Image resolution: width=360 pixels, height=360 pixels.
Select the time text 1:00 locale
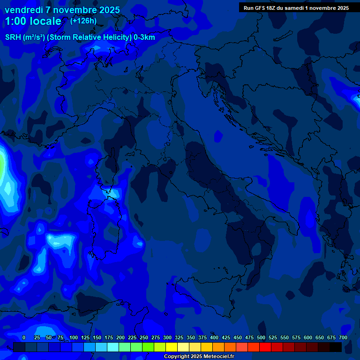[x=33, y=21]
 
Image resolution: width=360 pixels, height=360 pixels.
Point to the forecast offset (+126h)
[x=83, y=21]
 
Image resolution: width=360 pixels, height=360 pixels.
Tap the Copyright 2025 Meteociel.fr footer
[x=199, y=356]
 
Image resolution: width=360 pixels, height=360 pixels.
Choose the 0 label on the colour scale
[x=24, y=337]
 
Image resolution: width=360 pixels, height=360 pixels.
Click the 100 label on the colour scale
[x=74, y=337]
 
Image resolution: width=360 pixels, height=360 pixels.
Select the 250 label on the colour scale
[x=144, y=337]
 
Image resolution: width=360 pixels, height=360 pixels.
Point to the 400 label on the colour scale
[x=214, y=337]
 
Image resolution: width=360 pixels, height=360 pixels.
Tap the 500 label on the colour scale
[x=261, y=337]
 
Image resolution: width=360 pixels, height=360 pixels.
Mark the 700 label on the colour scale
[x=343, y=337]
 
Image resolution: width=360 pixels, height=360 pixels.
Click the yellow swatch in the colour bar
[x=172, y=347]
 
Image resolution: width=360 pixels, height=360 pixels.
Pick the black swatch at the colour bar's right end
[x=336, y=347]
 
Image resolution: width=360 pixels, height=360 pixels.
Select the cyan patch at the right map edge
[x=355, y=97]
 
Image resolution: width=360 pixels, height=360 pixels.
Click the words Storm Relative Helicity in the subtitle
[x=89, y=37]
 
